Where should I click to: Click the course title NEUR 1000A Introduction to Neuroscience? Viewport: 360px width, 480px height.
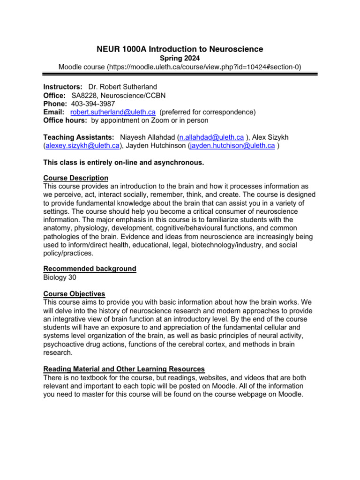click(180, 49)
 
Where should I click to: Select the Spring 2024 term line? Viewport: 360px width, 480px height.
click(180, 59)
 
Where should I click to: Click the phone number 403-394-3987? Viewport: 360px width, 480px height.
click(93, 104)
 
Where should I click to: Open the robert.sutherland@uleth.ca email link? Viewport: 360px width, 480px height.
click(113, 112)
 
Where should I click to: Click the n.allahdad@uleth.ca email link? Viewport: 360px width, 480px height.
click(211, 137)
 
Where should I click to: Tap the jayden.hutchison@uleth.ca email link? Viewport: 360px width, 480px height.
click(232, 145)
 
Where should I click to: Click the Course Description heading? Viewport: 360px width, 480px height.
click(76, 178)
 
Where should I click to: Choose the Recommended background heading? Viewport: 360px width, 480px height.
click(90, 269)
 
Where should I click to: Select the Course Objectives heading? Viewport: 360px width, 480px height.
click(74, 294)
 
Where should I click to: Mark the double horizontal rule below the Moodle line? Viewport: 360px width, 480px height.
click(180, 73)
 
